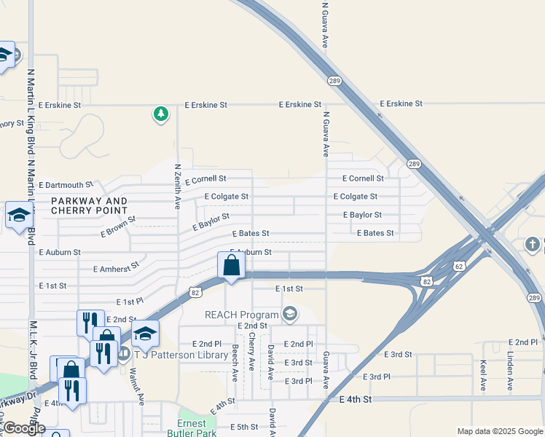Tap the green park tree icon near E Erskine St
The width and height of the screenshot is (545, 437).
[x=160, y=114]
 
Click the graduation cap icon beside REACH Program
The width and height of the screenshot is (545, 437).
[x=290, y=314]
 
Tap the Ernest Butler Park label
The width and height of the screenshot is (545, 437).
[x=198, y=429]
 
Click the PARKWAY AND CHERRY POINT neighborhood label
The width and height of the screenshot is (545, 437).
[x=89, y=205]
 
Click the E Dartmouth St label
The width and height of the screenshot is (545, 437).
[x=66, y=185]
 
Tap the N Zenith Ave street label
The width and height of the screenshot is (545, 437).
[x=177, y=186]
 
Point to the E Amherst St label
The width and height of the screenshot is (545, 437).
[x=116, y=268]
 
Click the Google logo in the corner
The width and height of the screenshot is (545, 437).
[x=24, y=428]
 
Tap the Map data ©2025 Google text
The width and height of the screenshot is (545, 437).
[x=500, y=431]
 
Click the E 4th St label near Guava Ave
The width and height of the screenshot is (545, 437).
[x=356, y=400]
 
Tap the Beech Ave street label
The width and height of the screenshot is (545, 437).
[x=235, y=363]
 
